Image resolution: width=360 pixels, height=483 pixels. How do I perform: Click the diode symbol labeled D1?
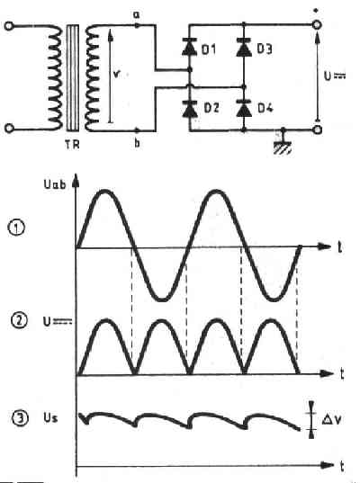point(190,48)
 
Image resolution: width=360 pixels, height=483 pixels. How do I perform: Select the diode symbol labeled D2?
point(190,109)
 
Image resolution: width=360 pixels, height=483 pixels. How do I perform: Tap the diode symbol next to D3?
point(244,48)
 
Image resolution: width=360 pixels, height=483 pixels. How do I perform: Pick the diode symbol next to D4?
point(244,108)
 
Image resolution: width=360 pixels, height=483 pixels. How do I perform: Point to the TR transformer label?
point(72,144)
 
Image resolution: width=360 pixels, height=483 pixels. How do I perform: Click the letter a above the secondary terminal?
point(136,14)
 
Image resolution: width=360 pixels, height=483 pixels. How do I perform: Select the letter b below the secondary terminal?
point(137,143)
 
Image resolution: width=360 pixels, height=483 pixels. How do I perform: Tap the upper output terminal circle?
point(317,24)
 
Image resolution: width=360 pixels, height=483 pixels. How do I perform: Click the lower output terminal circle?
point(317,130)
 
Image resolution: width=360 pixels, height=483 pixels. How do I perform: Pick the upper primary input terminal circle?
point(9,26)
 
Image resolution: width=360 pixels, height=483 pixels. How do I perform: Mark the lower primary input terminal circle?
point(9,128)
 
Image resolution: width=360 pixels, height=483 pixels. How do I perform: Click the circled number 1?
point(16,228)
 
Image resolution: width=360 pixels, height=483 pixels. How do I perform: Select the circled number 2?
point(19,321)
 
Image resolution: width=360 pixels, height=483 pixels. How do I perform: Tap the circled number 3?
point(20,418)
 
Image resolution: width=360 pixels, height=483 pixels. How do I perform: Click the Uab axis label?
point(55,184)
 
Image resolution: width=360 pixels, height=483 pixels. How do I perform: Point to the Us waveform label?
point(50,417)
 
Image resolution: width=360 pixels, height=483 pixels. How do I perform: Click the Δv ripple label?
point(331,419)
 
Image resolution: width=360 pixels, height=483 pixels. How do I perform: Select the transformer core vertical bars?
point(72,78)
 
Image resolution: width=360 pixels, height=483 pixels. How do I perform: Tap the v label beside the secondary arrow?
point(116,75)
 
